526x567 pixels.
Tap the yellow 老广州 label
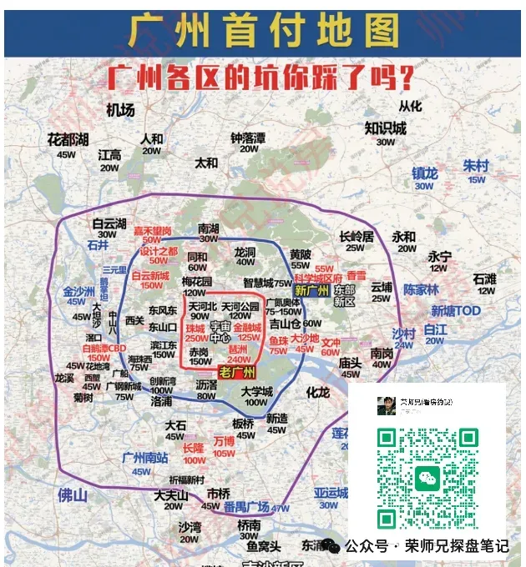pyautogui.click(x=237, y=372)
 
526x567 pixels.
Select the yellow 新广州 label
pyautogui.click(x=312, y=290)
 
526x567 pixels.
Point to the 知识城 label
pyautogui.click(x=385, y=128)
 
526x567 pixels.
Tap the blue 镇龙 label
pyautogui.click(x=424, y=173)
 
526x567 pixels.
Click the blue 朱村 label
pyautogui.click(x=476, y=165)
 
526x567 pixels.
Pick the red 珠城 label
pyautogui.click(x=196, y=329)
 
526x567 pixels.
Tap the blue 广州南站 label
pyautogui.click(x=144, y=457)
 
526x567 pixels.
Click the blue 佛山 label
pyautogui.click(x=72, y=495)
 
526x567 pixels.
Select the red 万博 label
pyautogui.click(x=224, y=441)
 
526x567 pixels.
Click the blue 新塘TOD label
pyautogui.click(x=456, y=311)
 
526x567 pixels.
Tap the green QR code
pyautogui.click(x=427, y=477)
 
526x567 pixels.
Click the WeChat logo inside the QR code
pyautogui.click(x=427, y=478)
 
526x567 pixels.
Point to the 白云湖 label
pyautogui.click(x=109, y=223)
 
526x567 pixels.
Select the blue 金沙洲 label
pyautogui.click(x=81, y=292)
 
